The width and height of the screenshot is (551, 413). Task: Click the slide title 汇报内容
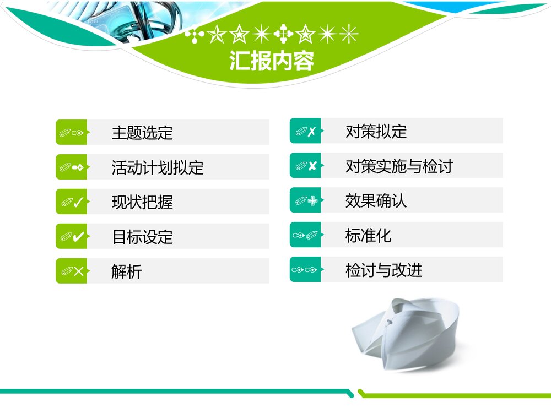pyautogui.click(x=272, y=61)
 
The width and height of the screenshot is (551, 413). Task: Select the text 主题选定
pyautogui.click(x=142, y=133)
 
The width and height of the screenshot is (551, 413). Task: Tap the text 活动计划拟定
pyautogui.click(x=158, y=167)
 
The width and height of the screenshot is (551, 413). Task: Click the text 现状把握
pyautogui.click(x=142, y=202)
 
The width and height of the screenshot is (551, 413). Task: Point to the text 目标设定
pyautogui.click(x=142, y=237)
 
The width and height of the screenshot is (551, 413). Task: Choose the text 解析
pyautogui.click(x=127, y=271)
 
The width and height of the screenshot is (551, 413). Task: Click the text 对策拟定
pyautogui.click(x=376, y=132)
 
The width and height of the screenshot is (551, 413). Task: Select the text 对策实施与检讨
pyautogui.click(x=399, y=166)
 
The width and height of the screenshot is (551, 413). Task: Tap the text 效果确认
pyautogui.click(x=376, y=201)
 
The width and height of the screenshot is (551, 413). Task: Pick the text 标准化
pyautogui.click(x=368, y=236)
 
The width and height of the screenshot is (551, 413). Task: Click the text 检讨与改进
pyautogui.click(x=383, y=270)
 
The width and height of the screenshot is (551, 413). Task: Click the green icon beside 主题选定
pyautogui.click(x=72, y=133)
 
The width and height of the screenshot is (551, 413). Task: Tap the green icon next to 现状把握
pyautogui.click(x=72, y=202)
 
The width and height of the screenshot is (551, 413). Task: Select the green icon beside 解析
pyautogui.click(x=72, y=271)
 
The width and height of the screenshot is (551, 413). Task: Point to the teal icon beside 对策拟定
pyautogui.click(x=305, y=132)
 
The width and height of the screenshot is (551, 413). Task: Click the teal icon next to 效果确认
pyautogui.click(x=305, y=201)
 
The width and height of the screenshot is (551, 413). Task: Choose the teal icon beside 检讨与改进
pyautogui.click(x=305, y=270)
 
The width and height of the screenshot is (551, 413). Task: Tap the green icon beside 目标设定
pyautogui.click(x=72, y=237)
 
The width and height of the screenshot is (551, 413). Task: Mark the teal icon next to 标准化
pyautogui.click(x=305, y=236)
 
